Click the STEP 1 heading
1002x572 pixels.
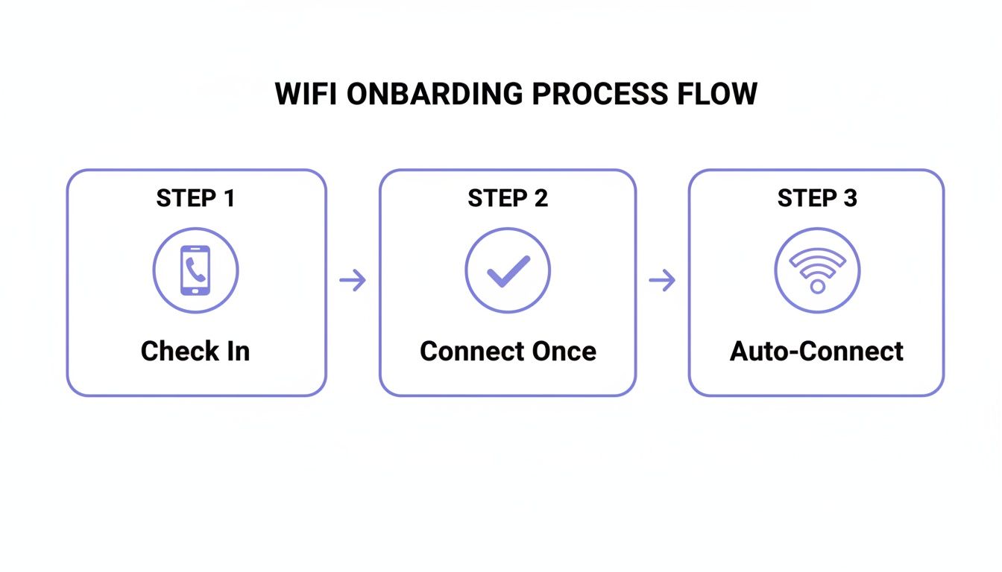(195, 198)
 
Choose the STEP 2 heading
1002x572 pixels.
(508, 198)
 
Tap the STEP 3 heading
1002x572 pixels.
(817, 198)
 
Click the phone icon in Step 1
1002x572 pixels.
(195, 270)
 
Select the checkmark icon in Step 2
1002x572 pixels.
(508, 270)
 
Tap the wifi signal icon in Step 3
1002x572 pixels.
(817, 270)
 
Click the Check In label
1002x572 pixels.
(195, 351)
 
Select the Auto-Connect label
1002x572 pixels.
(817, 351)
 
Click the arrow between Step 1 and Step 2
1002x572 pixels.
(353, 281)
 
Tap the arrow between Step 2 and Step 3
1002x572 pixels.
(662, 281)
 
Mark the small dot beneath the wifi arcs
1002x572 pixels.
(817, 286)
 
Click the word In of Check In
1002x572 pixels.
(238, 351)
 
